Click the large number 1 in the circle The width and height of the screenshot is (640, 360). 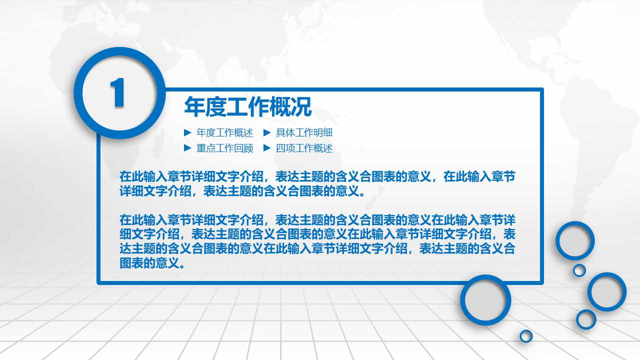[118, 92]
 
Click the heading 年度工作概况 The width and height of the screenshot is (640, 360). [247, 106]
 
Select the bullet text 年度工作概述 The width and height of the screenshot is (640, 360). [224, 133]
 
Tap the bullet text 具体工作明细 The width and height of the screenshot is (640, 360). [304, 133]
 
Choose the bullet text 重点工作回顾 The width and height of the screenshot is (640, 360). [224, 148]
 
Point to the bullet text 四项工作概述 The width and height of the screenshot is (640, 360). [304, 148]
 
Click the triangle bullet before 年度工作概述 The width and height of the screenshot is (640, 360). [187, 132]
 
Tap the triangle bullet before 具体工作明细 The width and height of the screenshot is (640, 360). [267, 132]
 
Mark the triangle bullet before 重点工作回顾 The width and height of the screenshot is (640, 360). [187, 148]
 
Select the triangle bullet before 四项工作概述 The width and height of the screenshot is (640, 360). [267, 148]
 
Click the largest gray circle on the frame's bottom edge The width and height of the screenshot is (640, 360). [485, 300]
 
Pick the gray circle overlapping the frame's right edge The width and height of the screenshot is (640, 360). [575, 240]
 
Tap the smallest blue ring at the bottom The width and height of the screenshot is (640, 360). [526, 336]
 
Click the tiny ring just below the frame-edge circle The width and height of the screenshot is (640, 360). [579, 270]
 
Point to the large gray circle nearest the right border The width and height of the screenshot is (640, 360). [607, 291]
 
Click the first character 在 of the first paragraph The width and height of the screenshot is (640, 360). [125, 176]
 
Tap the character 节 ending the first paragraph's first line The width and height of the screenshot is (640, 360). [510, 176]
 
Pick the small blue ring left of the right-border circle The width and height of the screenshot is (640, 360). [586, 319]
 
